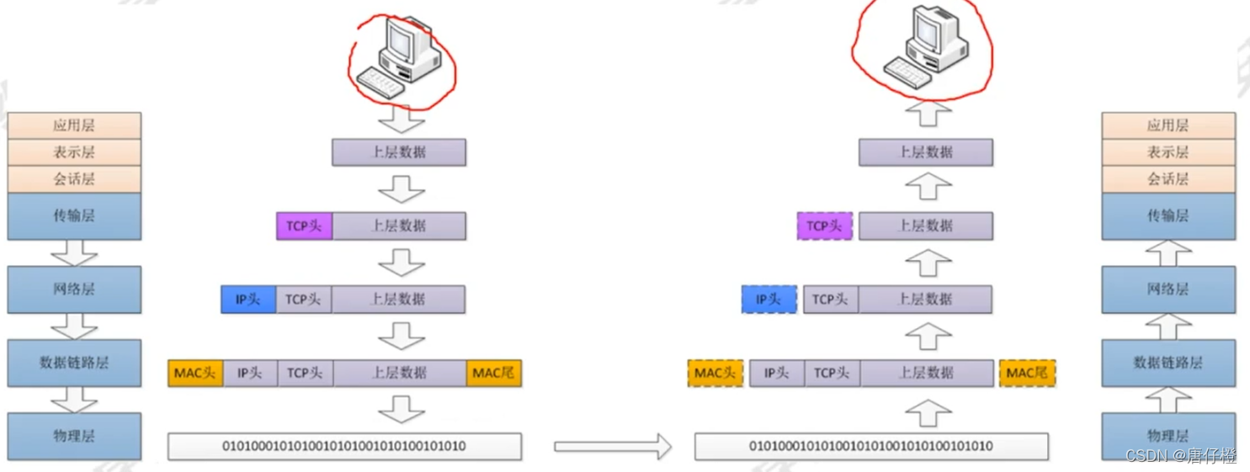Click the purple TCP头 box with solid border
pyautogui.click(x=304, y=225)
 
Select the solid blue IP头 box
pyautogui.click(x=248, y=300)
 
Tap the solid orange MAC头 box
pyautogui.click(x=195, y=373)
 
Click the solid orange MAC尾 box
pyautogui.click(x=493, y=373)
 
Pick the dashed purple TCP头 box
pyautogui.click(x=824, y=225)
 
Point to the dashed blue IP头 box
pyautogui.click(x=769, y=300)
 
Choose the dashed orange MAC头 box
pyautogui.click(x=715, y=373)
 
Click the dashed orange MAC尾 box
pyautogui.click(x=1027, y=373)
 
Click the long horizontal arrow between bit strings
pyautogui.click(x=612, y=447)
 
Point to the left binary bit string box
pyautogui.click(x=344, y=446)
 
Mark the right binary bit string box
pyautogui.click(x=871, y=446)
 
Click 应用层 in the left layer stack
pyautogui.click(x=74, y=125)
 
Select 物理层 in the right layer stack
pyautogui.click(x=1168, y=436)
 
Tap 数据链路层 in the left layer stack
pyautogui.click(x=74, y=363)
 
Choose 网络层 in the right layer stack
pyautogui.click(x=1168, y=289)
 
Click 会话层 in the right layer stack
pyautogui.click(x=1168, y=179)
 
